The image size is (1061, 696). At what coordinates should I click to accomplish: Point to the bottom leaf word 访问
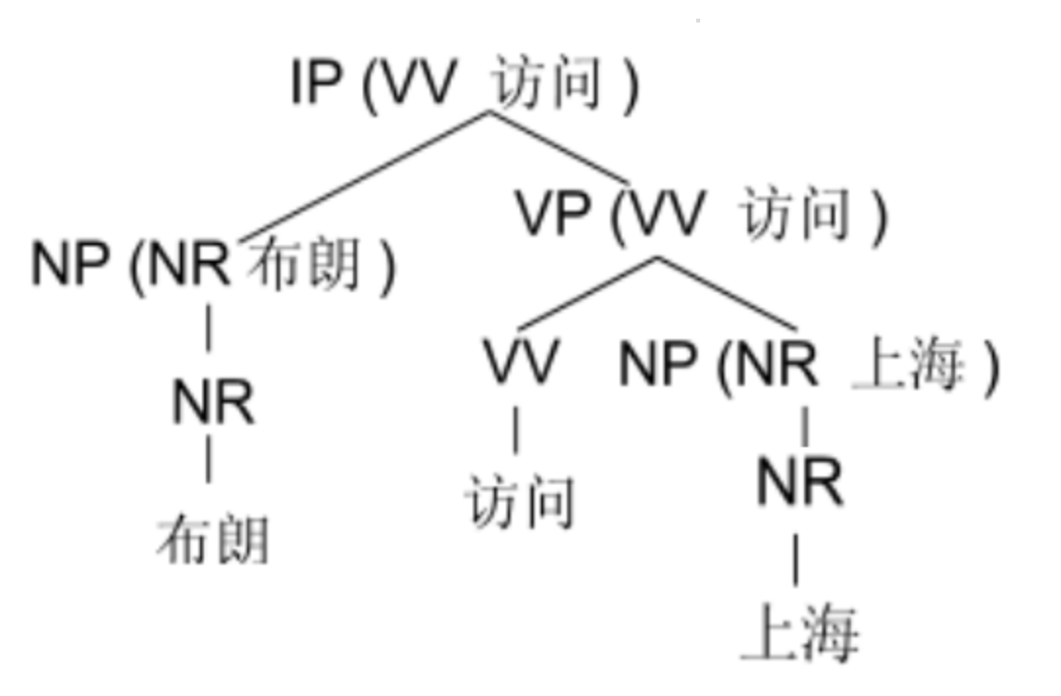[x=520, y=501]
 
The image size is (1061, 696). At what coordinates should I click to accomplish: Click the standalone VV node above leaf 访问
[x=521, y=362]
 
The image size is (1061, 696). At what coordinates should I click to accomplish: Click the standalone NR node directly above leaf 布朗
[x=213, y=402]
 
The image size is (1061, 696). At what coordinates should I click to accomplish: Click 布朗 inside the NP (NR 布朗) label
[x=303, y=264]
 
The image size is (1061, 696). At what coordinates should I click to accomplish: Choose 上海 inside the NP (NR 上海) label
[x=908, y=367]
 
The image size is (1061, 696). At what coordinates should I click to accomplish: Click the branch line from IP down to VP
[x=559, y=147]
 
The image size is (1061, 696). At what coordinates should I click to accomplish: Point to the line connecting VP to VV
[x=588, y=293]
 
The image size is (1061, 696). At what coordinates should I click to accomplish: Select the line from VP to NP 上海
[x=726, y=293]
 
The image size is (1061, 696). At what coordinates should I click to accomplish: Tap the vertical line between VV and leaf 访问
[x=517, y=431]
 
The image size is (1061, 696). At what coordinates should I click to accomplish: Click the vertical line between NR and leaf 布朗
[x=208, y=459]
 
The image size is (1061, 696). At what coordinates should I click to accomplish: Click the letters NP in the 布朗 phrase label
[x=70, y=264]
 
